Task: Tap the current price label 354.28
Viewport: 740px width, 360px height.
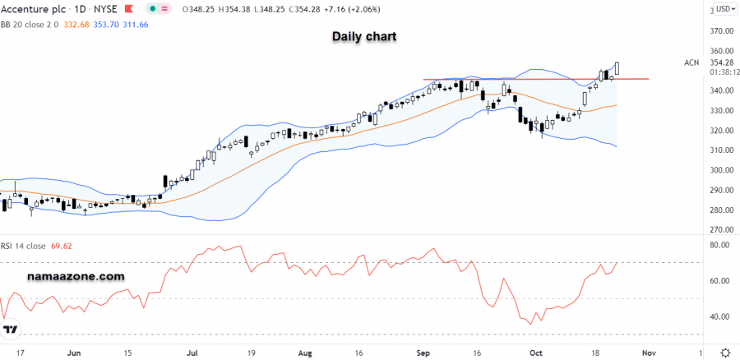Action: click(x=720, y=62)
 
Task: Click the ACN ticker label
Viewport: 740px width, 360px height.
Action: click(x=691, y=62)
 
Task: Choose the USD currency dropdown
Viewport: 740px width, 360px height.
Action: click(x=724, y=9)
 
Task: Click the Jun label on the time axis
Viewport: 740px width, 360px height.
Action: click(x=74, y=352)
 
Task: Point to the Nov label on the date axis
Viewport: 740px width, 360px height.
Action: click(x=649, y=352)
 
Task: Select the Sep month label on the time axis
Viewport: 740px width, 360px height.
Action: click(x=424, y=352)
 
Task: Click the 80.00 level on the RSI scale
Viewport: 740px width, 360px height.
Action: click(x=720, y=245)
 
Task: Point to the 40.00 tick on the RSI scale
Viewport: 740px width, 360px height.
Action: click(x=720, y=317)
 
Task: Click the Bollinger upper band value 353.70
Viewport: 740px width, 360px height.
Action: click(x=112, y=25)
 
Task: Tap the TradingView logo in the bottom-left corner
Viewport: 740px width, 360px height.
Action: click(x=11, y=330)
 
